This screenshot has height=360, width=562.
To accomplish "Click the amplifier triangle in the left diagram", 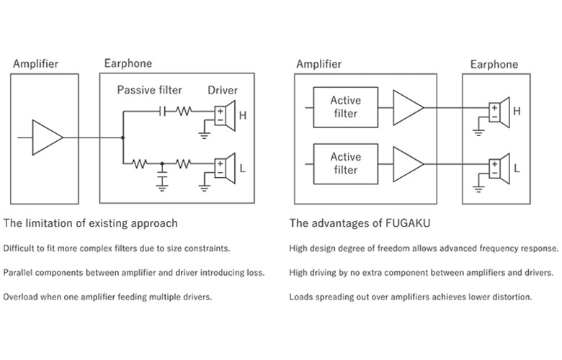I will (x=47, y=137).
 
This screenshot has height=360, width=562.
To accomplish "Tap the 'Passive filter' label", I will (x=150, y=90).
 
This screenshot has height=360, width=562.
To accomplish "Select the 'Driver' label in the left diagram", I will (x=223, y=90).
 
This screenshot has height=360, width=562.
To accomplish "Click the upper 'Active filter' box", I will (x=344, y=107).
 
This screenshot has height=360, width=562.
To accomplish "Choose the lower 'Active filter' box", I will (x=344, y=163).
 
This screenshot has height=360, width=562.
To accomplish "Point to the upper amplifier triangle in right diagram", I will (x=408, y=107).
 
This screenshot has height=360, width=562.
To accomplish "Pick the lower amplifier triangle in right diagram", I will (x=408, y=163).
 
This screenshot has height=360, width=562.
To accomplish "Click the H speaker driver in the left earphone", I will (x=225, y=112).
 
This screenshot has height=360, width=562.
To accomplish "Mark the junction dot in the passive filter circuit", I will (x=123, y=137).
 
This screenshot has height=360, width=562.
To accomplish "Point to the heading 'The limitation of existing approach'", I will (x=90, y=223).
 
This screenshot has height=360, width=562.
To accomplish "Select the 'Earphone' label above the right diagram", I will (x=494, y=65).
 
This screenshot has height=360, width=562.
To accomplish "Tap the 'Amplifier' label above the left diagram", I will (x=35, y=64).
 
